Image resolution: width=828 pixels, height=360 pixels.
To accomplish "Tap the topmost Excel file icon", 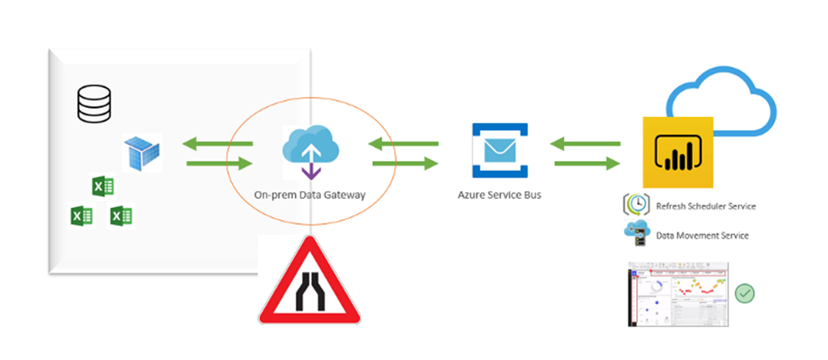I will click(103, 186).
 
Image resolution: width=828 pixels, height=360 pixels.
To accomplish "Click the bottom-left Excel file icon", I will click(81, 217).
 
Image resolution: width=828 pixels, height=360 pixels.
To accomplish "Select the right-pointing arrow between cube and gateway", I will click(218, 163).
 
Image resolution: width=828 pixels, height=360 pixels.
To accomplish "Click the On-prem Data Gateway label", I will click(310, 194).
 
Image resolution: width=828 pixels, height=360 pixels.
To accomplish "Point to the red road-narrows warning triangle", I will click(309, 284).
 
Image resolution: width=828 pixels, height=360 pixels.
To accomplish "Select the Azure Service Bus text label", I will click(498, 194).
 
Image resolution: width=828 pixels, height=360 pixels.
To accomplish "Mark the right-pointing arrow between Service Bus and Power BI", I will click(586, 163).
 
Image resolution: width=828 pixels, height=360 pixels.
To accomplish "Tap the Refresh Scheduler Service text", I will click(705, 205).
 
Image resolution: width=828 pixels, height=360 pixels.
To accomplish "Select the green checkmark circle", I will click(745, 293).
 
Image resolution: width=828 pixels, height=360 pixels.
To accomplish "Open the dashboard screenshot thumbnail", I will click(678, 294).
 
